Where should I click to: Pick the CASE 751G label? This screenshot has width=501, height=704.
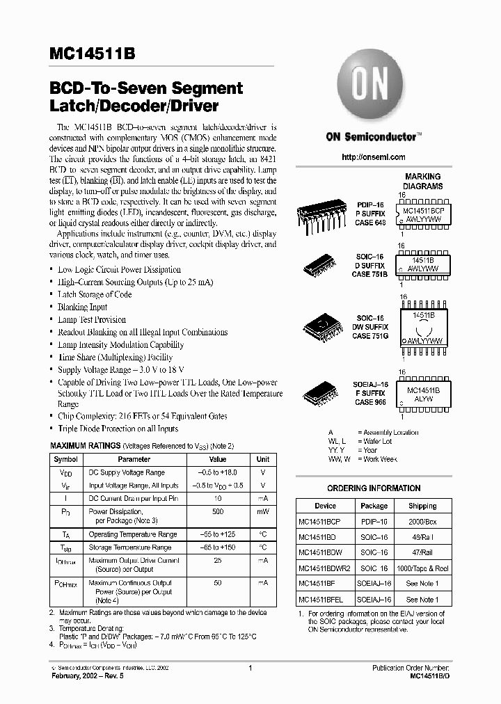[371, 336]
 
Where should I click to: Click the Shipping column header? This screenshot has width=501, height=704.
[422, 506]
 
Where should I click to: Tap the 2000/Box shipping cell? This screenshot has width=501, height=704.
[422, 520]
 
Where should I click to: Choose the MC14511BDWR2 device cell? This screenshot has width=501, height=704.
[325, 568]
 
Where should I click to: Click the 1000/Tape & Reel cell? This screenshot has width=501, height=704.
[422, 568]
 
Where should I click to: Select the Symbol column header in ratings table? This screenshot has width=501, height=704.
[66, 459]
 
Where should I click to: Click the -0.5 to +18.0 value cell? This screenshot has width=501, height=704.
[218, 472]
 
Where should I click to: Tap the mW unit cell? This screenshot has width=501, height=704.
[262, 511]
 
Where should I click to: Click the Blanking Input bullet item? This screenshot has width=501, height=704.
[82, 307]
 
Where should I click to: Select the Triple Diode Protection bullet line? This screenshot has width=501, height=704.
[118, 429]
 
